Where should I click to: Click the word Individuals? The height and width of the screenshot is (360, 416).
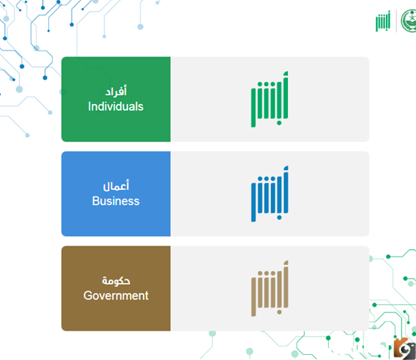[116, 106]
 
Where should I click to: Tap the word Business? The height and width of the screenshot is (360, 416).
[116, 201]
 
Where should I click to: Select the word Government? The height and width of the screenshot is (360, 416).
[116, 296]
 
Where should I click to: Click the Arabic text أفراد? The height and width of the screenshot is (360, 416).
[116, 91]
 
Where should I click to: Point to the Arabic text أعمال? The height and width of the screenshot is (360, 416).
[116, 185]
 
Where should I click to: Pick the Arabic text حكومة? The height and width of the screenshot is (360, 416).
[116, 281]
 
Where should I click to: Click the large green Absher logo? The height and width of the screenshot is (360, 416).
[269, 99]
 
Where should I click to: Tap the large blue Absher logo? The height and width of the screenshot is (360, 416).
[269, 194]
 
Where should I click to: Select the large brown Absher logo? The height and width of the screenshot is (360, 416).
[269, 288]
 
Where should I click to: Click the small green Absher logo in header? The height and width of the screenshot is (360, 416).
[383, 21]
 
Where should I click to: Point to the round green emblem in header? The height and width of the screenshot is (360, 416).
[408, 21]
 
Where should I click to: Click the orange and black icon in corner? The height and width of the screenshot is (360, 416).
[405, 349]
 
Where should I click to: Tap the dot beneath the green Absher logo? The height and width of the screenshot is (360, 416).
[279, 123]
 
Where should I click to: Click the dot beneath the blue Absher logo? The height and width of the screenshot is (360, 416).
[279, 218]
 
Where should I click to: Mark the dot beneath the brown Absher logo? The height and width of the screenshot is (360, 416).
[279, 312]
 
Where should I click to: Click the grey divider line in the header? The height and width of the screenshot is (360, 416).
[396, 21]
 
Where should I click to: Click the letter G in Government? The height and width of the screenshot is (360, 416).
[88, 296]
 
